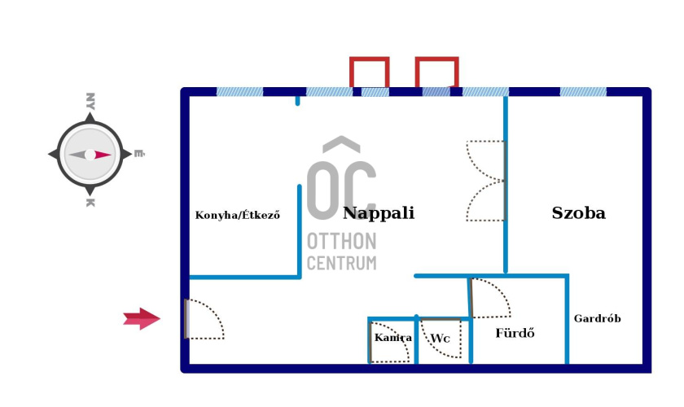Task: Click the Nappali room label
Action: (379, 213)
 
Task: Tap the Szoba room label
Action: (578, 213)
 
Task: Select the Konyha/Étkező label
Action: (238, 216)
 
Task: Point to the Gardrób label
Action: (597, 318)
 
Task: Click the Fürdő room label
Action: (515, 333)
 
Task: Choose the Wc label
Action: (441, 338)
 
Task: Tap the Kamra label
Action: (392, 337)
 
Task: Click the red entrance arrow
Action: (142, 319)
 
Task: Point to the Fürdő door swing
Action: (490, 299)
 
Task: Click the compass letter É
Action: (139, 152)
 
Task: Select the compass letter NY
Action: (90, 101)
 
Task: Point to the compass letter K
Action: (89, 201)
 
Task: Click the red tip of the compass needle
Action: (103, 154)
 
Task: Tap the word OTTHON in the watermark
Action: (341, 242)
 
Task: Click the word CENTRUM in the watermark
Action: (341, 262)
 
